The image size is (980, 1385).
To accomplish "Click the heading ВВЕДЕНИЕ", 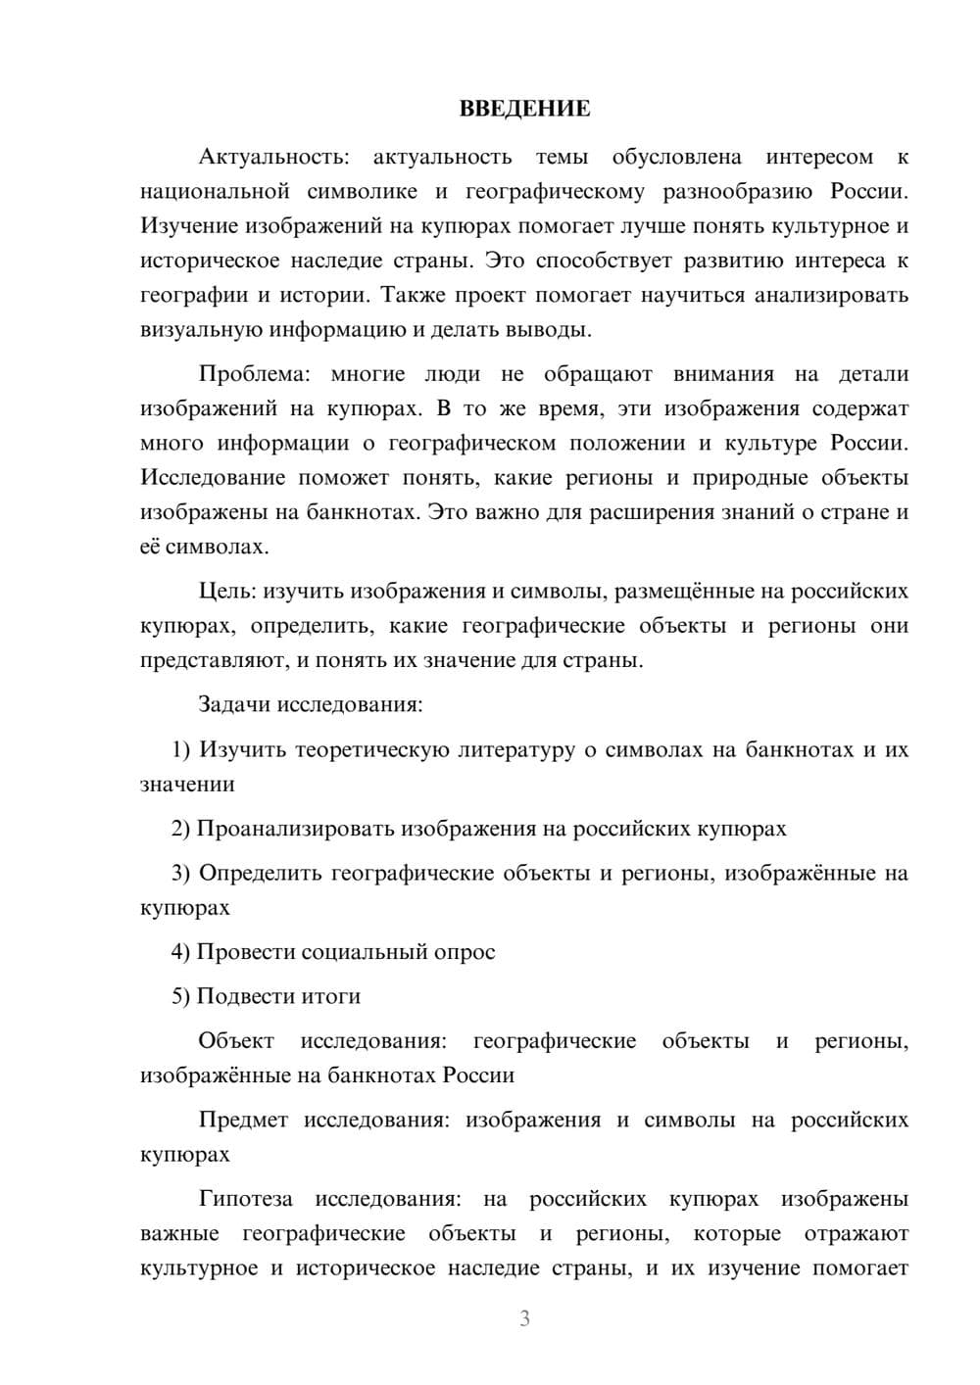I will (524, 109).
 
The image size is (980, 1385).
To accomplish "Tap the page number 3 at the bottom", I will (524, 1318).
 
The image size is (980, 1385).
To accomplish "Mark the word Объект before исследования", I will (236, 1041).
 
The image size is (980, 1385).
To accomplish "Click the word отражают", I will (857, 1234).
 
